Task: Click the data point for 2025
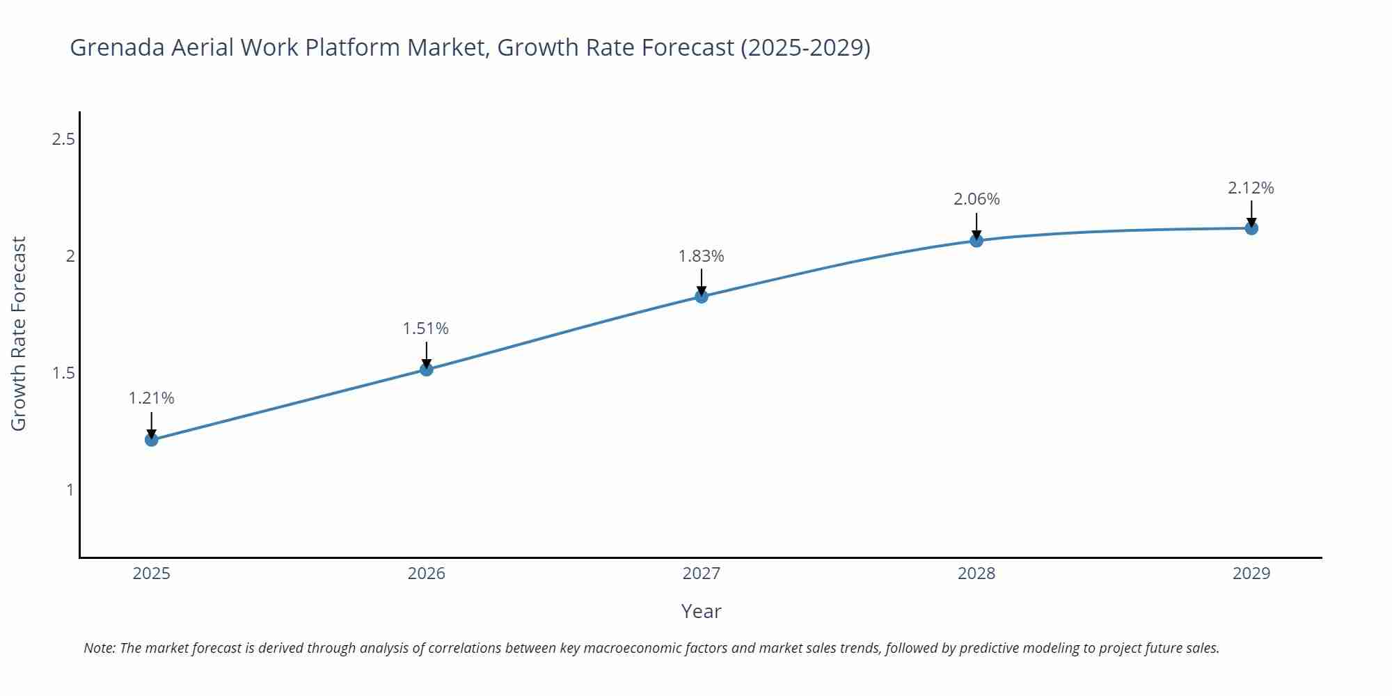(x=151, y=439)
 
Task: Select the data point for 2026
(x=426, y=369)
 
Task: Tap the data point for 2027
(x=701, y=296)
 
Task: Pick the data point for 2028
(x=976, y=241)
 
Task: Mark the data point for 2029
(x=1251, y=228)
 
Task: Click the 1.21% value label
(x=151, y=398)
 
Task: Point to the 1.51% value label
(x=426, y=329)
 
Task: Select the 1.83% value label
(x=701, y=256)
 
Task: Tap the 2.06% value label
(x=976, y=199)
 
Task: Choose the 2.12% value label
(x=1251, y=188)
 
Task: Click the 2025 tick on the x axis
(x=151, y=574)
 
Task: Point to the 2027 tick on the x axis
(x=701, y=574)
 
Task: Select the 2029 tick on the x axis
(x=1251, y=574)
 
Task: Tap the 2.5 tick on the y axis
(x=63, y=139)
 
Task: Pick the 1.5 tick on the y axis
(x=63, y=373)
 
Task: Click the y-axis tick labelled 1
(x=70, y=490)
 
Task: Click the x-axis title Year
(x=701, y=611)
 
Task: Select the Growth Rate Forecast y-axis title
(x=19, y=333)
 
